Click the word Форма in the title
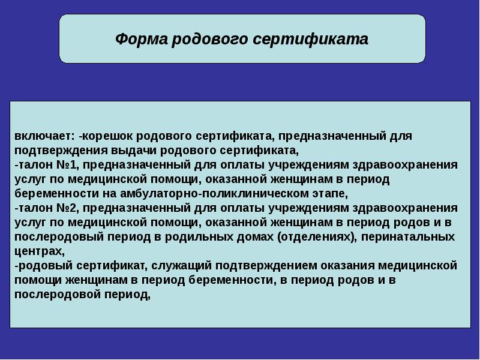[x=142, y=39]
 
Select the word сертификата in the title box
[x=311, y=39]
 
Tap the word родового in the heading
[x=210, y=40]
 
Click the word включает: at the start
[x=44, y=136]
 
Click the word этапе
[x=331, y=194]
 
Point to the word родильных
[x=194, y=237]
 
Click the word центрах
[x=40, y=251]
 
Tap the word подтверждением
[x=266, y=265]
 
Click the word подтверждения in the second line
[x=61, y=151]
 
